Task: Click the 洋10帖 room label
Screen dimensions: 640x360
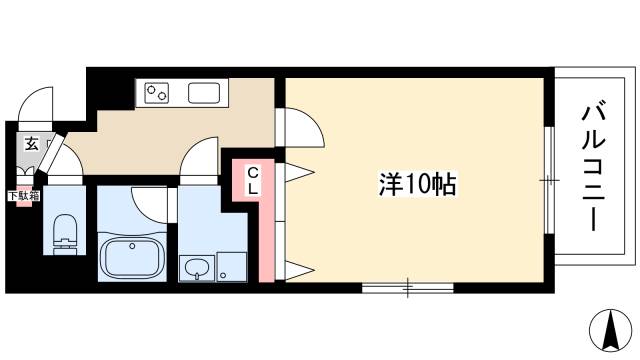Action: point(418,184)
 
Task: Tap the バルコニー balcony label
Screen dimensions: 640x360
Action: point(594,165)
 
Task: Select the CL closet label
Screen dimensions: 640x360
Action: point(253,182)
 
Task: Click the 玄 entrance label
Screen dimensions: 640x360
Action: point(31,144)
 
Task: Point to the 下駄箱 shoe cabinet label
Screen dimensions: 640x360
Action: point(24,196)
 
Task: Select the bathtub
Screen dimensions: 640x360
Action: point(132,258)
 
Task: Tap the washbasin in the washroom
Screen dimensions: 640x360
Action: point(197,269)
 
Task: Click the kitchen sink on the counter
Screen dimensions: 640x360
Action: point(204,93)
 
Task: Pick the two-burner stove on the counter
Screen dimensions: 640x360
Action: point(157,93)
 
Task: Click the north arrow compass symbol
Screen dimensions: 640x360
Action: point(611,331)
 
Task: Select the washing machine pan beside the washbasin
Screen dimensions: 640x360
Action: point(231,267)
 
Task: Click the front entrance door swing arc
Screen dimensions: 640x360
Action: point(36,104)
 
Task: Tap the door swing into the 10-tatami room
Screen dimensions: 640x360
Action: point(303,127)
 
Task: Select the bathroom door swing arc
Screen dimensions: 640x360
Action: point(150,205)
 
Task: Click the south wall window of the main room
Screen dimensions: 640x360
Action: point(408,288)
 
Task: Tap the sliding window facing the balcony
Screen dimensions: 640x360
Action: point(549,180)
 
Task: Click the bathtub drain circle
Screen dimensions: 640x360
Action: point(132,246)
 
